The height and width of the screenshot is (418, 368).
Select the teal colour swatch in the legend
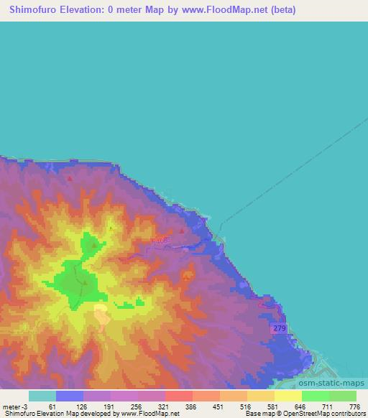[42, 396]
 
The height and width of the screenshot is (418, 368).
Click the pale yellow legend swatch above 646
[287, 396]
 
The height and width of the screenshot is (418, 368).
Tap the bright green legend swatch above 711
[315, 396]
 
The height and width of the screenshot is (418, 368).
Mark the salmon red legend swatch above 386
[178, 396]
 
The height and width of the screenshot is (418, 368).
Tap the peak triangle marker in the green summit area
[85, 282]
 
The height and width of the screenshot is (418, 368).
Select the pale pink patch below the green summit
[101, 313]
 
